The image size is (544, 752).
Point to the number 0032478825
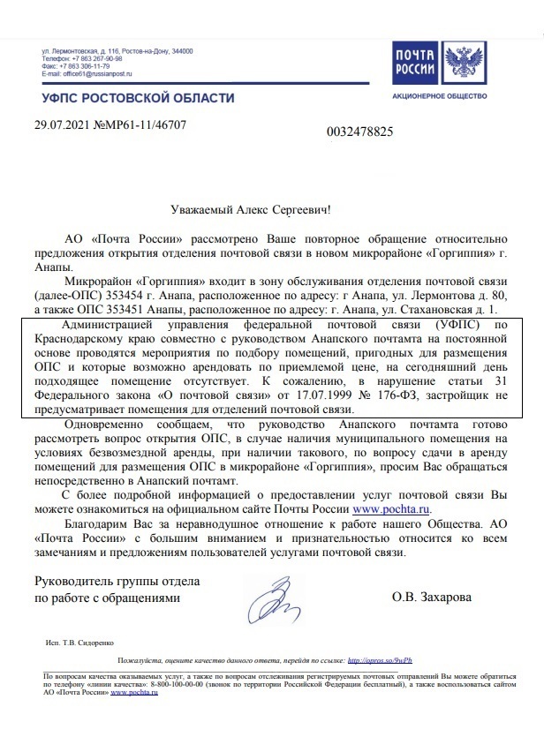[359, 132]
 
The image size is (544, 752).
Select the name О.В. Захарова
[432, 598]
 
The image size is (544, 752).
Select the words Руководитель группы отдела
[117, 582]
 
